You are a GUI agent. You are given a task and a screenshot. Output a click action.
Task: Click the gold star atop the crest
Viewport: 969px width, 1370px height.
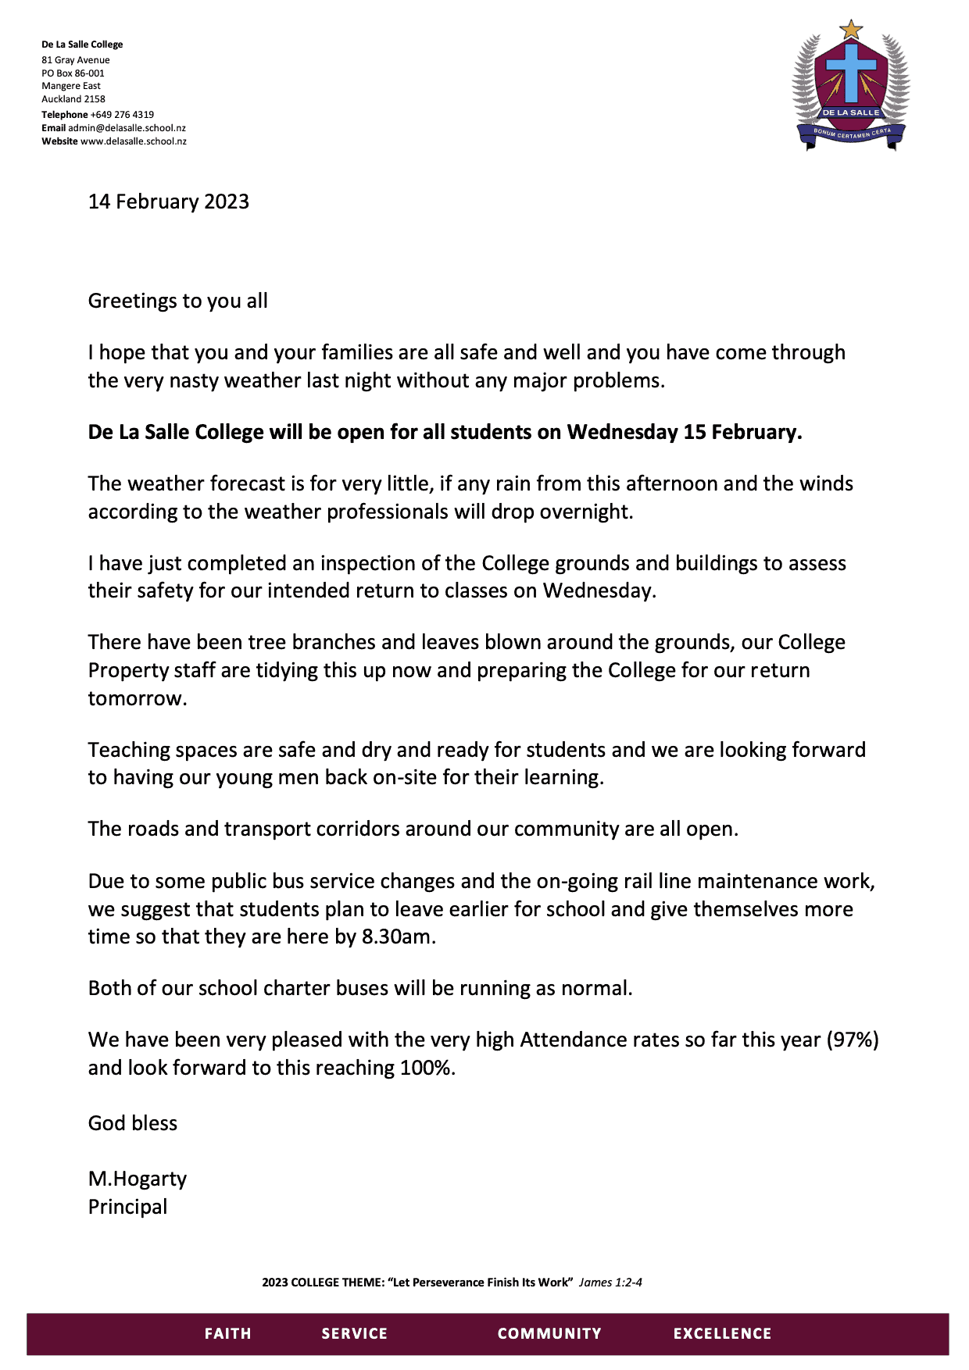(x=850, y=30)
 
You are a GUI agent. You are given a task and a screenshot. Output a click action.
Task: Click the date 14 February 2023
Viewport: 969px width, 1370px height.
(x=169, y=202)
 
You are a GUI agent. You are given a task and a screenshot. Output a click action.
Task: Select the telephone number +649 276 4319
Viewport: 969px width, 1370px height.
(x=122, y=114)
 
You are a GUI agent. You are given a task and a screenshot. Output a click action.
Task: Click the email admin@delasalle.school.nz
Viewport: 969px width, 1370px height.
(x=127, y=127)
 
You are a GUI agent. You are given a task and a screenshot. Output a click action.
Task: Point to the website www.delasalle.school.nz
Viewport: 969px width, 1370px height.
(x=134, y=141)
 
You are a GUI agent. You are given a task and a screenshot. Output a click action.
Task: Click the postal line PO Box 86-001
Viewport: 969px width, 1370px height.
(x=73, y=73)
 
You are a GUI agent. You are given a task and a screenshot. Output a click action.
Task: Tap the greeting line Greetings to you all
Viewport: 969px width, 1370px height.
(x=177, y=301)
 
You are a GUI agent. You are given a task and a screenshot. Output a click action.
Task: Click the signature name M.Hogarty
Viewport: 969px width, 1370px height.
(x=138, y=1179)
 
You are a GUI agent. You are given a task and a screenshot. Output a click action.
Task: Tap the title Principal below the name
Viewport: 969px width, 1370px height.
(x=127, y=1207)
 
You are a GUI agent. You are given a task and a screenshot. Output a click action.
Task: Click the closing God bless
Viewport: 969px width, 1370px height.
(x=133, y=1123)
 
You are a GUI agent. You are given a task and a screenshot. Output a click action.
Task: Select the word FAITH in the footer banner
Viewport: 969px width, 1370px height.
(x=227, y=1333)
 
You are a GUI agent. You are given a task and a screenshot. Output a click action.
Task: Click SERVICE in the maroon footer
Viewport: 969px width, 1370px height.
(x=354, y=1333)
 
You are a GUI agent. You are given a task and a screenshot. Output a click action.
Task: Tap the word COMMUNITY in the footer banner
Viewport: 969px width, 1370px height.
(x=549, y=1333)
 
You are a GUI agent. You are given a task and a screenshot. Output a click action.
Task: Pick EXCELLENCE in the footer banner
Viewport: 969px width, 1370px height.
(x=722, y=1333)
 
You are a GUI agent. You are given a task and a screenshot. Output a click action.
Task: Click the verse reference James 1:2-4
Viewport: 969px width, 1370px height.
(x=610, y=1282)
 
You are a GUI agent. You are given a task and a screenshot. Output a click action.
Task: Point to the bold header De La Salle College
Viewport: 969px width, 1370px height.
(x=82, y=45)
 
